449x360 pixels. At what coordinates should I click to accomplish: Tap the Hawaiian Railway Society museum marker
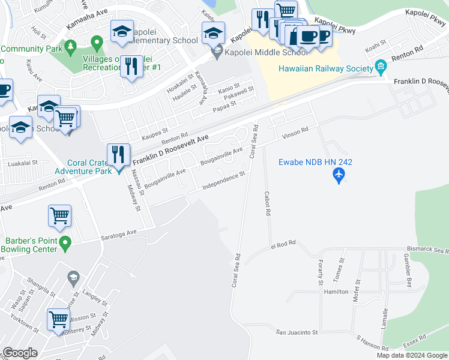tap(380, 65)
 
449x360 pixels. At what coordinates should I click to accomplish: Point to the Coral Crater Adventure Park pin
tap(118, 169)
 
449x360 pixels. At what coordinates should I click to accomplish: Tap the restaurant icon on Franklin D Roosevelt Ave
tap(118, 154)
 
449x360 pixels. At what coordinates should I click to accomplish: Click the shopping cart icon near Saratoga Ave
tap(59, 216)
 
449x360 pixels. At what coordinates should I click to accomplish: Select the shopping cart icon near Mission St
tap(58, 319)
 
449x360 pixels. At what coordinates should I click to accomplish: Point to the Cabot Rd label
tap(268, 203)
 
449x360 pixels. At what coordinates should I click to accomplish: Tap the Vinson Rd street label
tap(295, 130)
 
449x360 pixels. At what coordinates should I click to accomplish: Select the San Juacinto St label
tap(296, 332)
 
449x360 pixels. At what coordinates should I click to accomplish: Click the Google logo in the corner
tap(20, 353)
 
